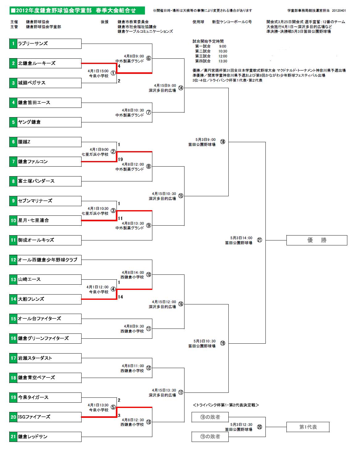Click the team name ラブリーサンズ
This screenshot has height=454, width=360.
pos(33,44)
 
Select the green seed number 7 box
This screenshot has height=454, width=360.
pos(13,162)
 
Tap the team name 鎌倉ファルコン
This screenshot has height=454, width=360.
pos(33,162)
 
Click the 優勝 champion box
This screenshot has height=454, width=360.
pos(317,240)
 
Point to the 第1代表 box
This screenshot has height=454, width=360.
pos(308,427)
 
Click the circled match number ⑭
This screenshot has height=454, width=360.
pos(181,88)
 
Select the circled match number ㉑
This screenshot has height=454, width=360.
pos(260,240)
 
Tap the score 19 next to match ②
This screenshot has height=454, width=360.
pos(121,159)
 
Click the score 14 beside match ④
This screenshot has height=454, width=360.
pos(121,297)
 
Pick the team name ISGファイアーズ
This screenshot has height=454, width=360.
pos(34,417)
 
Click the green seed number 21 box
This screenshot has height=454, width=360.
pos(13,437)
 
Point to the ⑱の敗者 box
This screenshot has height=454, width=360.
pos(210,417)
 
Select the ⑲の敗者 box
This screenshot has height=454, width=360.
pos(210,437)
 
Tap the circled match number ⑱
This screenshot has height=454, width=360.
pos(223,142)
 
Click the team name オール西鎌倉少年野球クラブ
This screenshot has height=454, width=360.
pos(48,260)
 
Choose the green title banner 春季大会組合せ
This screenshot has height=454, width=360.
pos(77,11)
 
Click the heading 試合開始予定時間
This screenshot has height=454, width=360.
pos(208,41)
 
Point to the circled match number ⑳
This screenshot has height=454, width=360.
pos(260,427)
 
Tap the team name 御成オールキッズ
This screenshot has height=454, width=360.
pos(36,240)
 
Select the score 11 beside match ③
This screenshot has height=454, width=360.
pos(121,218)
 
